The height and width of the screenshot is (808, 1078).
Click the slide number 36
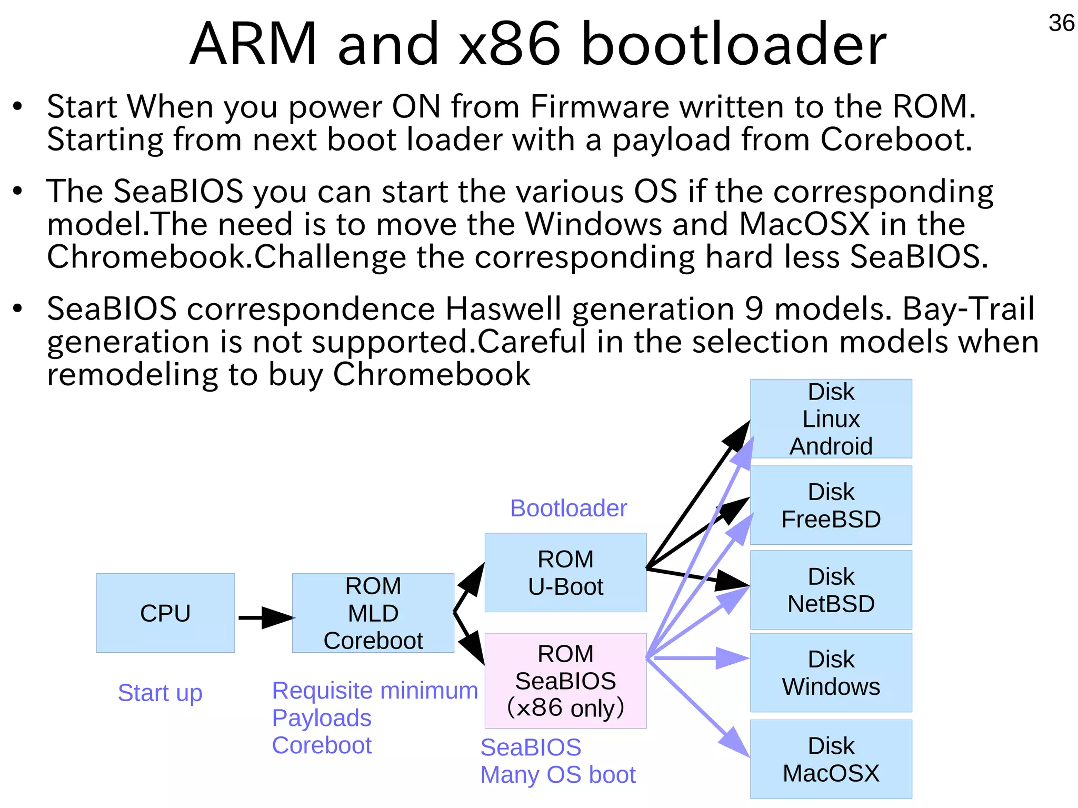pyautogui.click(x=1061, y=23)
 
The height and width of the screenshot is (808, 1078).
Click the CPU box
pyautogui.click(x=165, y=613)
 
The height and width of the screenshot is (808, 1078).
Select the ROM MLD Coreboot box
pyautogui.click(x=373, y=613)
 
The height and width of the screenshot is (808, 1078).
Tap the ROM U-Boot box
pyautogui.click(x=565, y=573)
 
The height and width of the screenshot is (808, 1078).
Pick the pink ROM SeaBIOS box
pyautogui.click(x=565, y=680)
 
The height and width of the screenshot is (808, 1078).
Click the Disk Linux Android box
pyautogui.click(x=831, y=418)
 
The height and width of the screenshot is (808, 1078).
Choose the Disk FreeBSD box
pyautogui.click(x=831, y=505)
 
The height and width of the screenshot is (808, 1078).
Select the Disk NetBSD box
pyautogui.click(x=831, y=590)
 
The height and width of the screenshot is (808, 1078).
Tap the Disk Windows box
pyautogui.click(x=831, y=672)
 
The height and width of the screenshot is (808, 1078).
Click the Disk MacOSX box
pyautogui.click(x=831, y=759)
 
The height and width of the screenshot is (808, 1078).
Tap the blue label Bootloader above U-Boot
pyautogui.click(x=568, y=508)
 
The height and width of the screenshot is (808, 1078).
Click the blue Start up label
pyautogui.click(x=160, y=692)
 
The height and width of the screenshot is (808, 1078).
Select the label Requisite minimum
pyautogui.click(x=375, y=690)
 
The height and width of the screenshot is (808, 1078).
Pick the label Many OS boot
pyautogui.click(x=558, y=774)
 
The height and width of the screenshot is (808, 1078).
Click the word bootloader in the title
pyautogui.click(x=734, y=44)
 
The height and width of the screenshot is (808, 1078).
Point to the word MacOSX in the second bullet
pyautogui.click(x=804, y=224)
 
